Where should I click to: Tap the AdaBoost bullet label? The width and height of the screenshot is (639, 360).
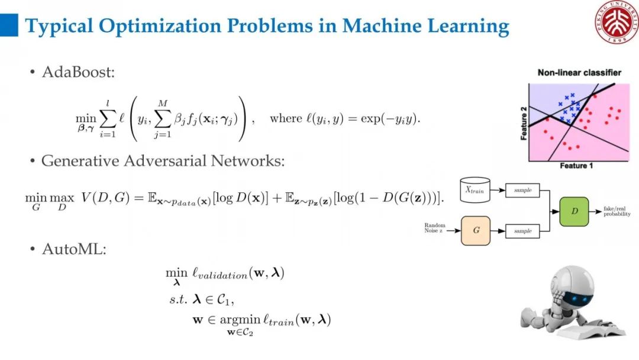(78, 72)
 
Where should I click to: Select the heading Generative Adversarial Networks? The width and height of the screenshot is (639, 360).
(163, 161)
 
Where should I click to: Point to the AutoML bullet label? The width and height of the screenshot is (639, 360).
(74, 249)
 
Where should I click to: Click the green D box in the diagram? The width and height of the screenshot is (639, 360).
(574, 211)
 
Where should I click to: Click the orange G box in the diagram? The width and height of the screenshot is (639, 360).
(476, 230)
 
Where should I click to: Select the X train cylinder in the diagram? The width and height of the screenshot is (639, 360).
(476, 190)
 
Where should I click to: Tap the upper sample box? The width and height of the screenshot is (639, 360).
(522, 191)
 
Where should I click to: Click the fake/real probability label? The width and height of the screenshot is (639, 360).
(617, 212)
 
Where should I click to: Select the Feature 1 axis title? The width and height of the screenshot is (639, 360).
(576, 166)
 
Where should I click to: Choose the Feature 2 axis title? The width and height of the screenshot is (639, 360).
(524, 123)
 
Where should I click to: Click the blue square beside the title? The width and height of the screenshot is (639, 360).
(9, 25)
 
